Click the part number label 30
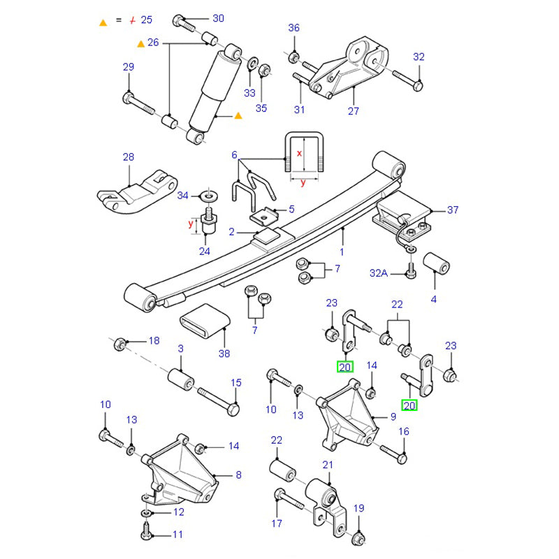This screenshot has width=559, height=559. [x=218, y=18]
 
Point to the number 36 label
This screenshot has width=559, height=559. [x=293, y=28]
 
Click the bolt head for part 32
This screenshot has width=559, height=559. [x=417, y=86]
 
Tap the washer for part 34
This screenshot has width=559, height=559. [x=208, y=195]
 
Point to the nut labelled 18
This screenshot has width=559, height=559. [x=119, y=342]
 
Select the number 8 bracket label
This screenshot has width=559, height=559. [x=238, y=475]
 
